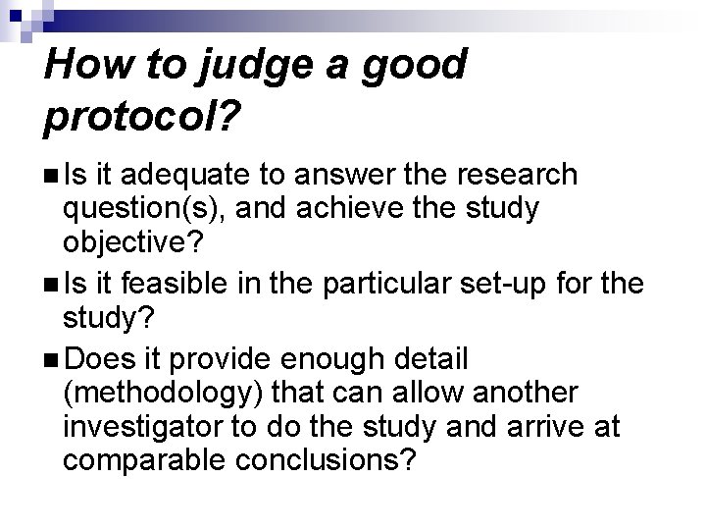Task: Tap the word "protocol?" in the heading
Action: [142, 118]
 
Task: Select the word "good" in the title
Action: [413, 65]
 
